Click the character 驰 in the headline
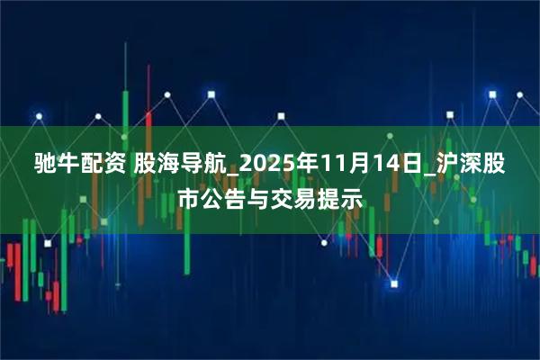coord(46,164)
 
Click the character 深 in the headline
coord(454,164)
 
